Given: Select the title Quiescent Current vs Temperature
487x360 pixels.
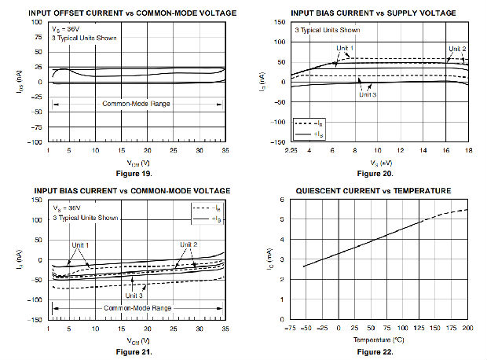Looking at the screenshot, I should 372,190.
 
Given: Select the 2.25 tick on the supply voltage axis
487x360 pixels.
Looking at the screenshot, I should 291,150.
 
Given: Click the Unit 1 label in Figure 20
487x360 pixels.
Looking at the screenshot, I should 346,49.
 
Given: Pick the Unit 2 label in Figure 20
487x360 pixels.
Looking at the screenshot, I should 457,49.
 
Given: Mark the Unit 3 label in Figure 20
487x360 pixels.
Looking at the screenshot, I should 368,95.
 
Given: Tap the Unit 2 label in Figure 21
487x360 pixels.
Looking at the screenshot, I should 189,244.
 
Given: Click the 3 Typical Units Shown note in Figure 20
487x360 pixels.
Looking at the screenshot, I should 327,30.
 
